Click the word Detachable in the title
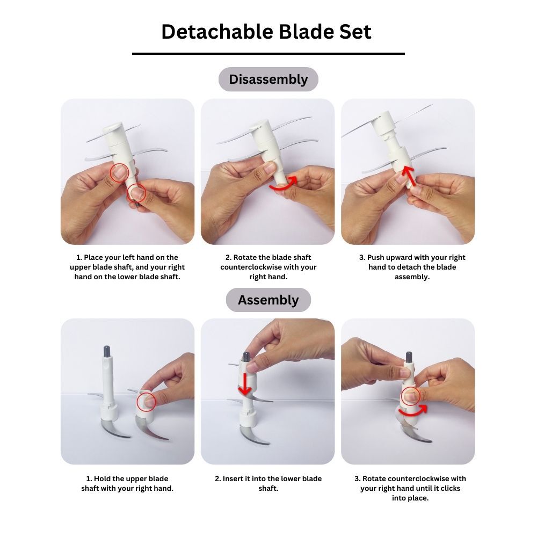click(217, 32)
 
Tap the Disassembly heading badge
click(268, 79)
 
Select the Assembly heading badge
click(268, 300)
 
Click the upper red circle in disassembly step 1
click(120, 172)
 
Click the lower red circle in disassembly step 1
click(136, 193)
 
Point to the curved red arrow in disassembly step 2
click(283, 184)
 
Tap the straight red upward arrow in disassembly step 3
click(409, 176)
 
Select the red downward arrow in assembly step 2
click(245, 384)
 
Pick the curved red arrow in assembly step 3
click(412, 412)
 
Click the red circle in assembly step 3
click(410, 397)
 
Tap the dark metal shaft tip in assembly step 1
click(106, 351)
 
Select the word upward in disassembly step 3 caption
click(401, 258)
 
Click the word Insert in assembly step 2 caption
click(233, 478)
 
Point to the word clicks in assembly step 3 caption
click(449, 488)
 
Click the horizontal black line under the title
click(268, 53)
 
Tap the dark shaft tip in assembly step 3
click(409, 357)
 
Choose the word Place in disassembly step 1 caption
click(93, 258)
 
